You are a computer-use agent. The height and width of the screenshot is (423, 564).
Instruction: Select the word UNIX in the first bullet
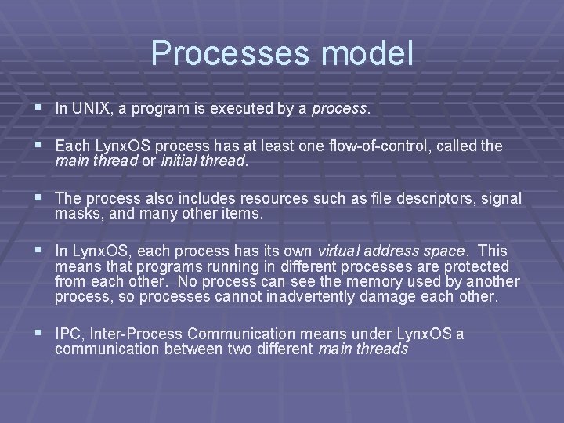(x=89, y=110)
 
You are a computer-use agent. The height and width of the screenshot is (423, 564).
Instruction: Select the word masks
(x=73, y=214)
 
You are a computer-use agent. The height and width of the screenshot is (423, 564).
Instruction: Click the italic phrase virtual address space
(x=392, y=251)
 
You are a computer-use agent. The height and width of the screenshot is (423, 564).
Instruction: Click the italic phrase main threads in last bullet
(x=363, y=349)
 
